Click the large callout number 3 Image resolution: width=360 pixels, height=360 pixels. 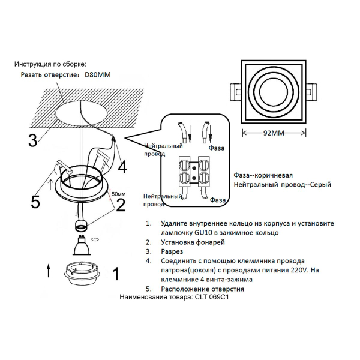(32, 140)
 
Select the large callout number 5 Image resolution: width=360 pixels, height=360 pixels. (35, 202)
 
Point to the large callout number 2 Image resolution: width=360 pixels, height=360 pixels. (121, 205)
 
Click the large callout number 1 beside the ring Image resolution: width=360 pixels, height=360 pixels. (115, 274)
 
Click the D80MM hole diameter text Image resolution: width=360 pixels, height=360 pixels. (98, 75)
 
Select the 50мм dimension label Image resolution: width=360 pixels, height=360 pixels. (119, 194)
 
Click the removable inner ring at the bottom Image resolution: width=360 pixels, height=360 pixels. (82, 272)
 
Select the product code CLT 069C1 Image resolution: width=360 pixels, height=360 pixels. (213, 297)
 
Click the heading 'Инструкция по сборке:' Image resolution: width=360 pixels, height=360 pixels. (50, 64)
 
